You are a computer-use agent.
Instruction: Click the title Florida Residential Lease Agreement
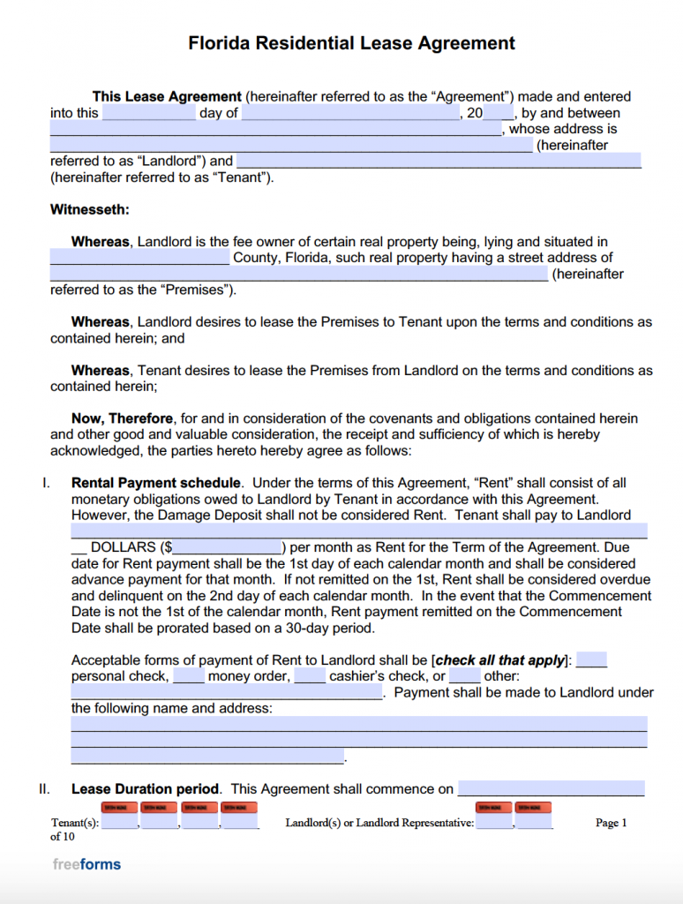tap(351, 43)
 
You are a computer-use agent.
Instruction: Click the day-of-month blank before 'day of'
tap(148, 113)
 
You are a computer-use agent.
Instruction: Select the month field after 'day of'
tap(349, 113)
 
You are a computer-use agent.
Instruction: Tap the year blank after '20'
tap(499, 113)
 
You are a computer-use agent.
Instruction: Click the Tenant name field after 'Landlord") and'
tap(439, 161)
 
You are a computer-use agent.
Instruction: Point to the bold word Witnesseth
tap(89, 210)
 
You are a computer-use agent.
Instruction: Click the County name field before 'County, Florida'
tap(139, 258)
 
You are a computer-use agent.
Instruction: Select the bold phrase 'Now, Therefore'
tap(124, 418)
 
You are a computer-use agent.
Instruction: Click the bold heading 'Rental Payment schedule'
tap(155, 483)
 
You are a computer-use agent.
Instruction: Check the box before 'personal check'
tap(591, 660)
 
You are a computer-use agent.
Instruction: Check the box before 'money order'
tap(189, 676)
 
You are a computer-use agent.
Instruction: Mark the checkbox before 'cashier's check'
tap(310, 676)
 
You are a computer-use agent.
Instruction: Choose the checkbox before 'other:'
tap(464, 676)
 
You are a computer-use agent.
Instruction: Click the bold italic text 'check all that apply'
tap(500, 660)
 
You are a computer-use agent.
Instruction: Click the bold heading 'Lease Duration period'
tap(145, 789)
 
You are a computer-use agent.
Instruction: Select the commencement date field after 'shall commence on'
tap(551, 789)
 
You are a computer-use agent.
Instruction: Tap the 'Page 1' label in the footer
tap(611, 823)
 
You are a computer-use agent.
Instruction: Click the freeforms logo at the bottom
tap(86, 864)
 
